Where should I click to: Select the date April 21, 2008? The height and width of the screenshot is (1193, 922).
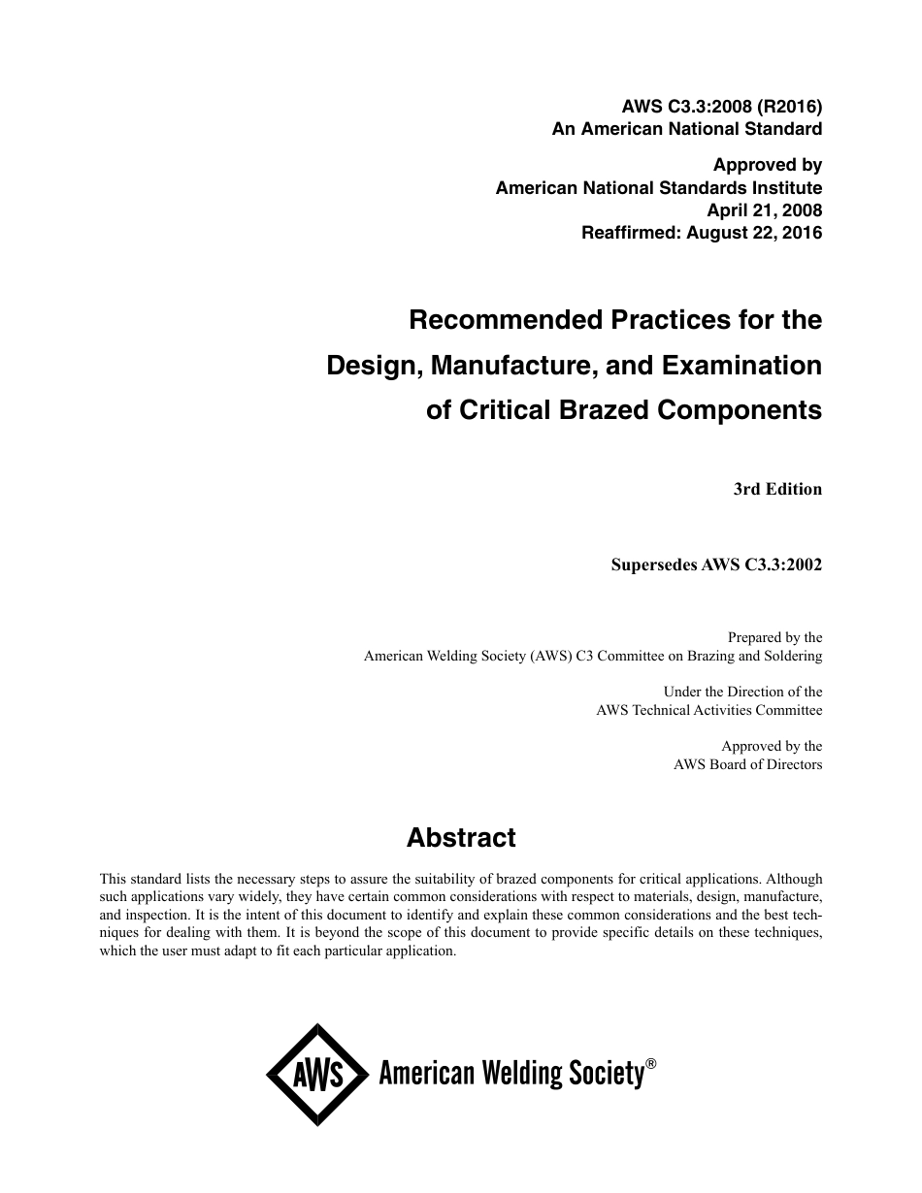pos(766,210)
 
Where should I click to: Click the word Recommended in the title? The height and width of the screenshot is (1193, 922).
pos(500,320)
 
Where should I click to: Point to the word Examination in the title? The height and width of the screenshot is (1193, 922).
pos(742,366)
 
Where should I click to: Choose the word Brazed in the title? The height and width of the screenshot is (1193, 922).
pos(606,410)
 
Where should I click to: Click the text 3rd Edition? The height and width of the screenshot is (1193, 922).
pos(777,489)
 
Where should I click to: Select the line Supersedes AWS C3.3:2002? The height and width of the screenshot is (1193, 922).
pos(716,564)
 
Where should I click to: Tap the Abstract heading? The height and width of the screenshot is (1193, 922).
pos(461,837)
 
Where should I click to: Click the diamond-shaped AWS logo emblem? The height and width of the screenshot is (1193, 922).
pos(317,1075)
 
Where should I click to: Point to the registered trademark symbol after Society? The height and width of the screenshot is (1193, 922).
pos(651,1064)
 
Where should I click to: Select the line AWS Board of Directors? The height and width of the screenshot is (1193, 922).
pos(747,764)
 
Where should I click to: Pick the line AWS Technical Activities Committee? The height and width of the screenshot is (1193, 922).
pos(708,710)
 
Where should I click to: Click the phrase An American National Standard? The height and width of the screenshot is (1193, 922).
pos(687,128)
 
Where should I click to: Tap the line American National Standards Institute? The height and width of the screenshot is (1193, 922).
pos(659,188)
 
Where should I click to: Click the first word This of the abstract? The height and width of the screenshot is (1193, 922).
pos(114,879)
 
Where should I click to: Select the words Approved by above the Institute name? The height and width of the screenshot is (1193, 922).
pos(768,165)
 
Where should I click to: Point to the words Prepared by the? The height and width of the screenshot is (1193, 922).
pos(774,637)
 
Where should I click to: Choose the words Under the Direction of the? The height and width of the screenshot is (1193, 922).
pos(742,692)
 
